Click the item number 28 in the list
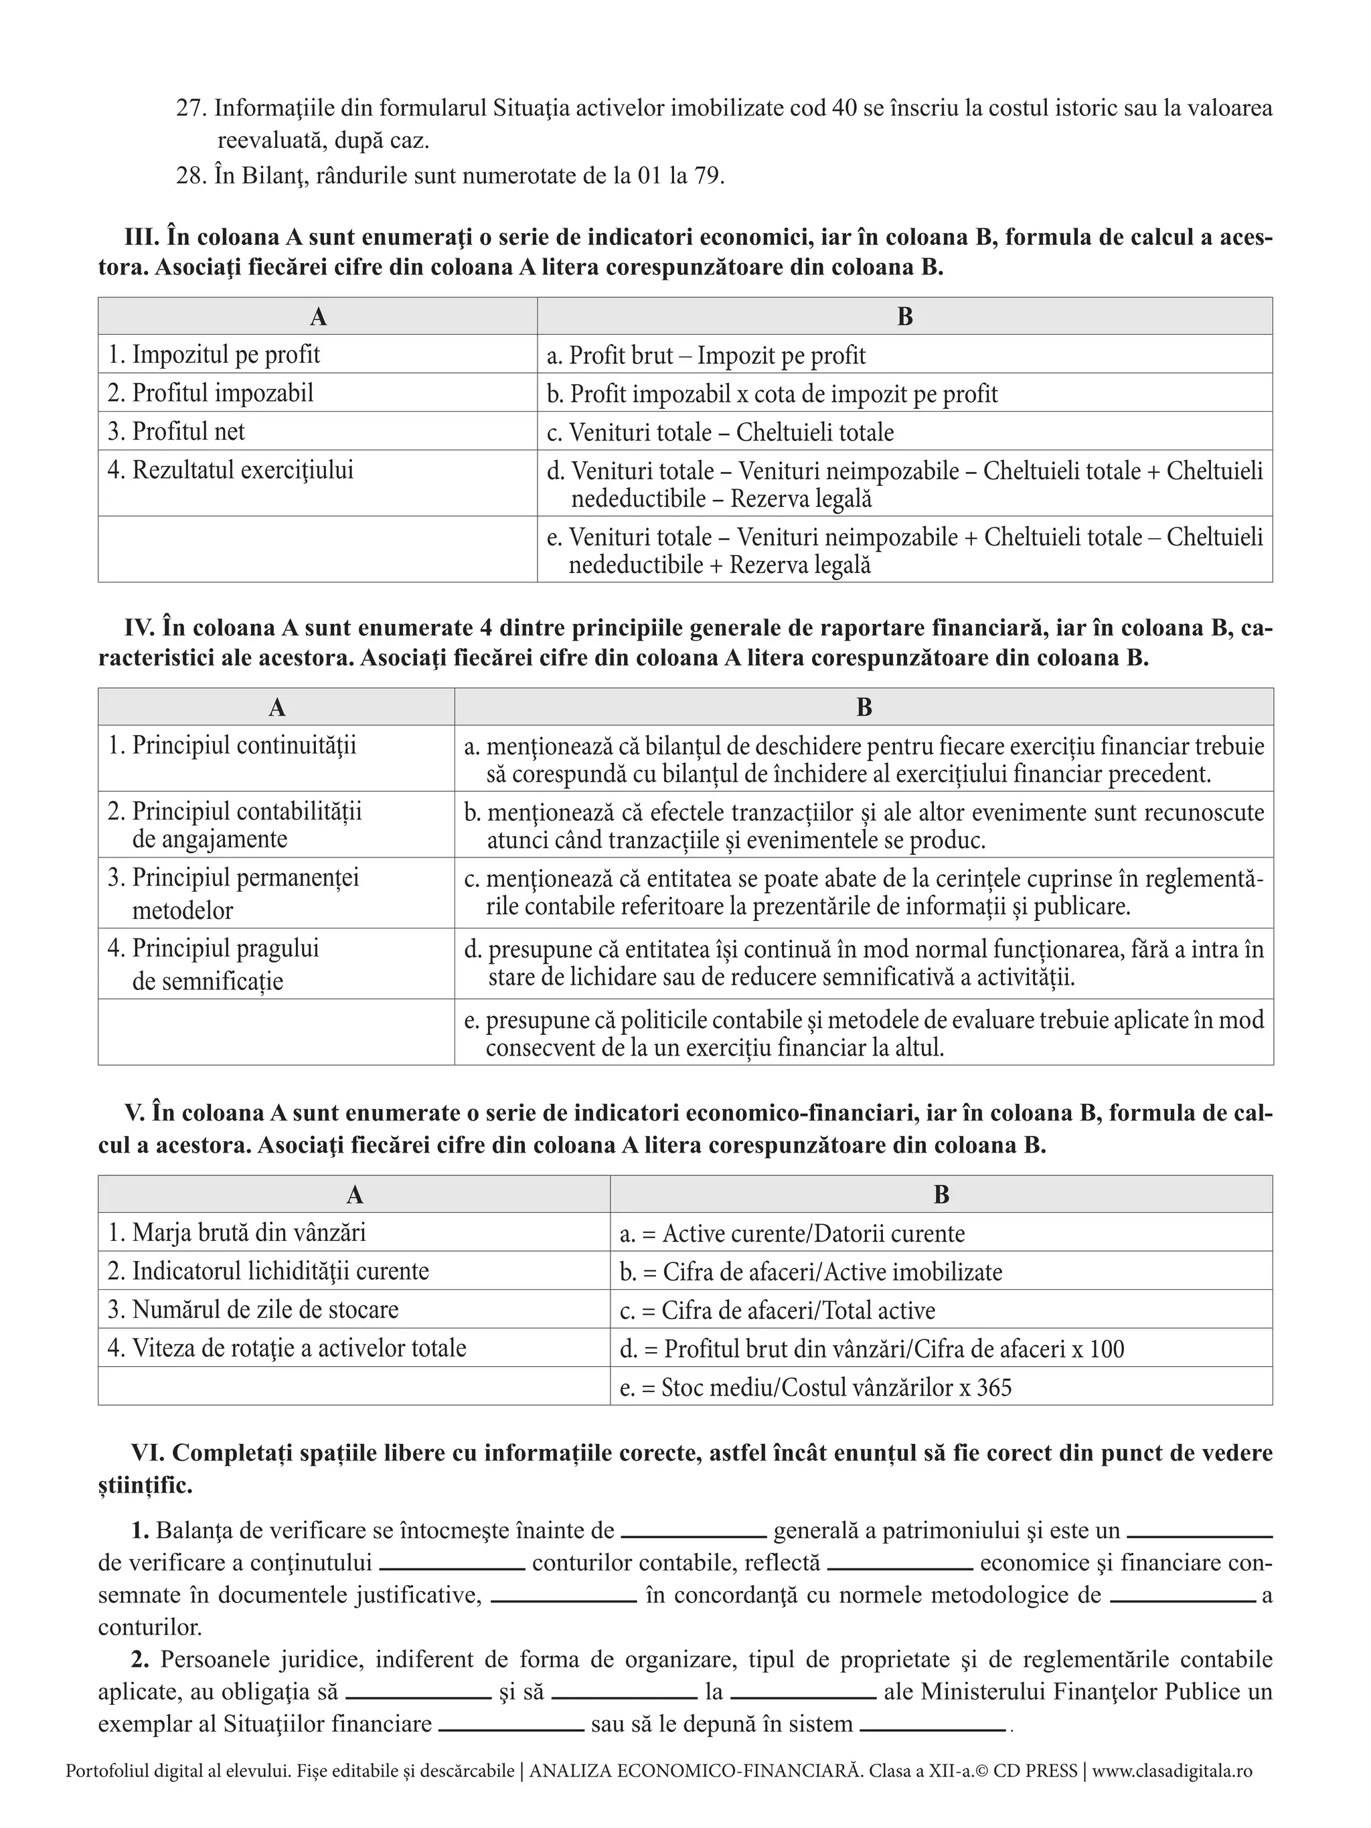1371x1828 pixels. click(x=191, y=176)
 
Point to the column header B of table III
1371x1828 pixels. click(x=904, y=317)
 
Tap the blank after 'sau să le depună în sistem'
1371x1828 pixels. click(x=932, y=1726)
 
